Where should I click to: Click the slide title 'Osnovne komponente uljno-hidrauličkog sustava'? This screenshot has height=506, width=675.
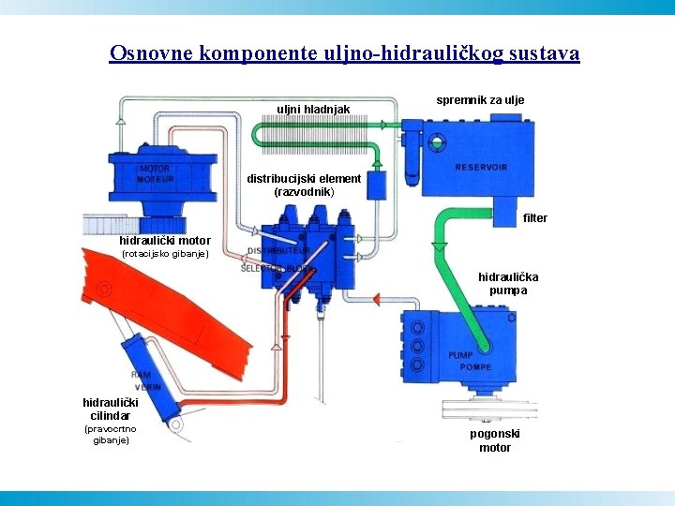tap(344, 52)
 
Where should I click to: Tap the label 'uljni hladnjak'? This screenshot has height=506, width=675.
tap(313, 110)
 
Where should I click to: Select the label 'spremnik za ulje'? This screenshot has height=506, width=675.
tap(480, 99)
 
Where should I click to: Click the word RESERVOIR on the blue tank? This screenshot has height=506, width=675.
tap(481, 168)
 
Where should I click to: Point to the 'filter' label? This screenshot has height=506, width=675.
tap(534, 218)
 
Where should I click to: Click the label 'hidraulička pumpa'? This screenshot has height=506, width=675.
tap(508, 284)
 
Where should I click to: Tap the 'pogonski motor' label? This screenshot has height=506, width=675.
tap(495, 440)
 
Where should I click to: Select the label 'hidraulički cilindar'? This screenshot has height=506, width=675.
tap(111, 409)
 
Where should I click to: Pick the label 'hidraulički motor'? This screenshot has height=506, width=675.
tap(165, 241)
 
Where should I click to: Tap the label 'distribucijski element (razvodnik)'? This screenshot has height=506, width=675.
tap(303, 185)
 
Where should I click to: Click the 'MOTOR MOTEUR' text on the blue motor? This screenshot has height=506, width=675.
tap(156, 174)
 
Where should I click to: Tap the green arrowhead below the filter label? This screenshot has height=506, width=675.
tap(439, 246)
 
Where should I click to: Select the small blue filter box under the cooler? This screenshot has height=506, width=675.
tap(377, 185)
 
